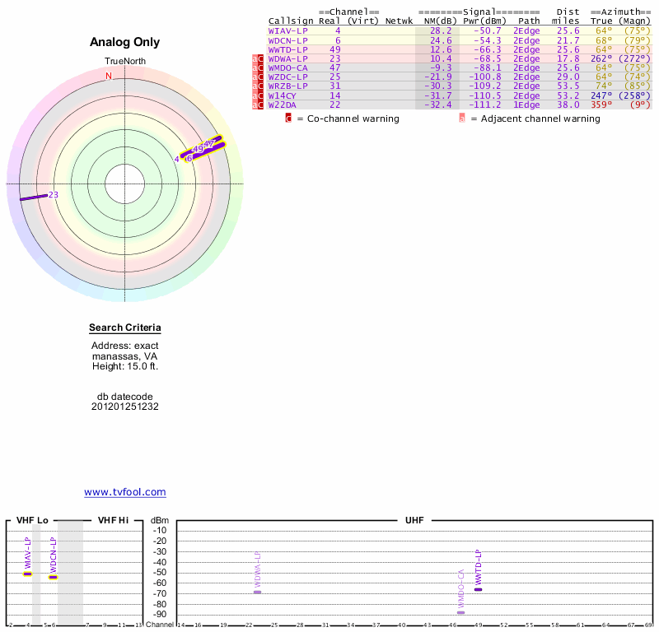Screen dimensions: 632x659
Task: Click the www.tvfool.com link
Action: (x=125, y=492)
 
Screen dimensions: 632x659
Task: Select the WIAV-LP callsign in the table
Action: (x=287, y=31)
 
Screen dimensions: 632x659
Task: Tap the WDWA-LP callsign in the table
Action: (x=287, y=58)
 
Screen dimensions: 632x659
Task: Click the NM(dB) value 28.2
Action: (x=441, y=31)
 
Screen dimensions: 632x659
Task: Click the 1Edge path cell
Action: (x=526, y=105)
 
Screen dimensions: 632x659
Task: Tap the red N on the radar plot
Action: (x=109, y=77)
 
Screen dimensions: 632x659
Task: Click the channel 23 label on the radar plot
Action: (x=54, y=195)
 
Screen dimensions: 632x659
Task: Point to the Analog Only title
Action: (x=125, y=42)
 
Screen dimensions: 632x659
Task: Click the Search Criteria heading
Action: (x=125, y=328)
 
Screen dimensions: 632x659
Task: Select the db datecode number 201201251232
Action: (x=125, y=407)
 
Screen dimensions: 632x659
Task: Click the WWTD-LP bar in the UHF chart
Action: (x=478, y=589)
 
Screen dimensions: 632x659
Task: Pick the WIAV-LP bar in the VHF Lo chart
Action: (x=27, y=574)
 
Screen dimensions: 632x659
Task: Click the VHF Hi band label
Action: (x=113, y=520)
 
